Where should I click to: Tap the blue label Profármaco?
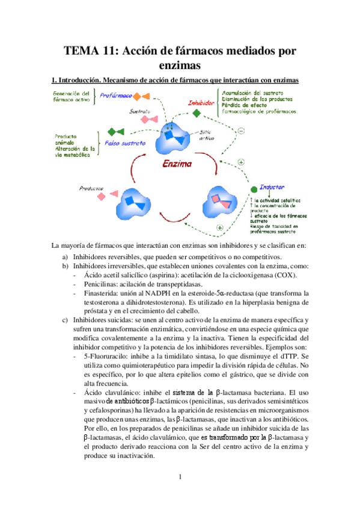tap(116, 96)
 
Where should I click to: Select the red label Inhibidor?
tap(202, 103)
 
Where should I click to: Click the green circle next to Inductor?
tap(254, 189)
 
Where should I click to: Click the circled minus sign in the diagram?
tap(241, 131)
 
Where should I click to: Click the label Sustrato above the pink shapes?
tap(139, 111)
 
